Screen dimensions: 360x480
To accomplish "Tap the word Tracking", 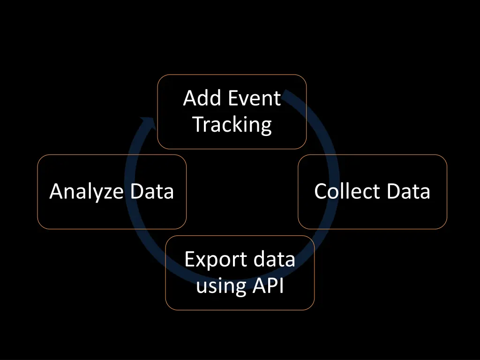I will coord(232,125).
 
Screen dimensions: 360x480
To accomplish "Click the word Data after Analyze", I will coord(152,192).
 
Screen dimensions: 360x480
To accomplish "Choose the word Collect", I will coord(347,192).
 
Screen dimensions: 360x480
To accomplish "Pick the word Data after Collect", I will coord(409,192).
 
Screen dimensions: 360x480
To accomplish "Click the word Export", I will coord(215,259).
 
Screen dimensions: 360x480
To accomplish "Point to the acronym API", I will coord(268,285).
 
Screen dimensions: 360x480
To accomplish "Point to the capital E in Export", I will coord(189,259).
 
